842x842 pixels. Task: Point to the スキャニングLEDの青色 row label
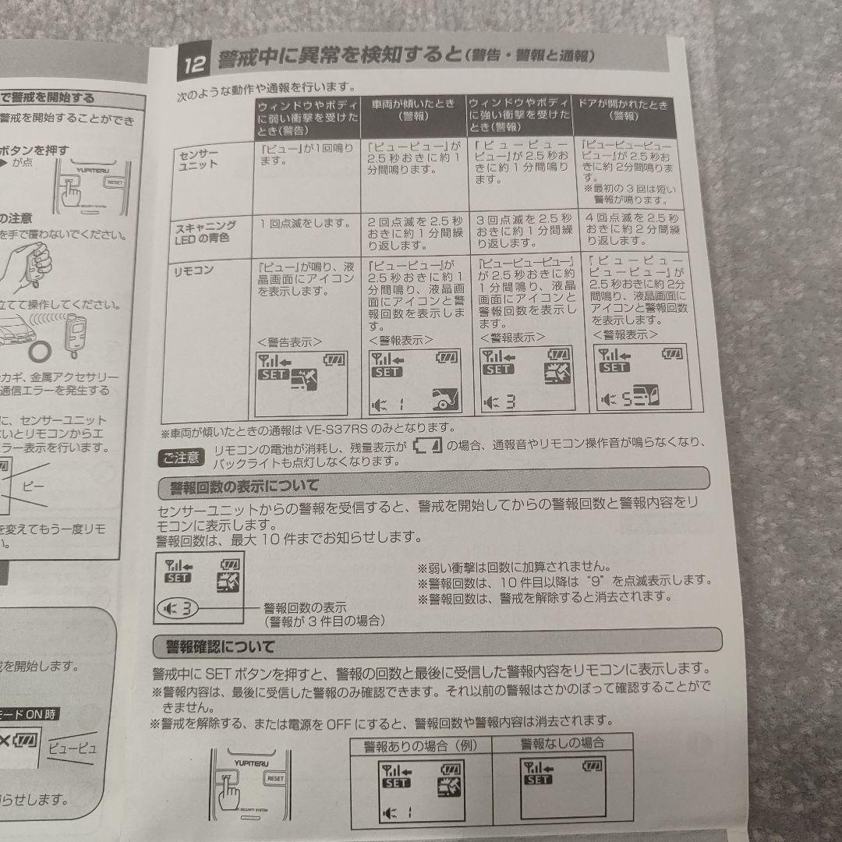(204, 232)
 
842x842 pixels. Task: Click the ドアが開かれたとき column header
(624, 111)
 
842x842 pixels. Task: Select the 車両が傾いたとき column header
(415, 109)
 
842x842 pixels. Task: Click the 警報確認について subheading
(221, 647)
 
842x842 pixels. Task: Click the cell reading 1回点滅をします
(303, 223)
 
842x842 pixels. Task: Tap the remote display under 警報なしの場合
(564, 788)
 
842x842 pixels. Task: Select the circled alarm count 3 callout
(178, 607)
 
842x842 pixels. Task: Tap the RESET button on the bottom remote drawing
(275, 777)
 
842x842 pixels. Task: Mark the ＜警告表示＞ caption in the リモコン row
(288, 341)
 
